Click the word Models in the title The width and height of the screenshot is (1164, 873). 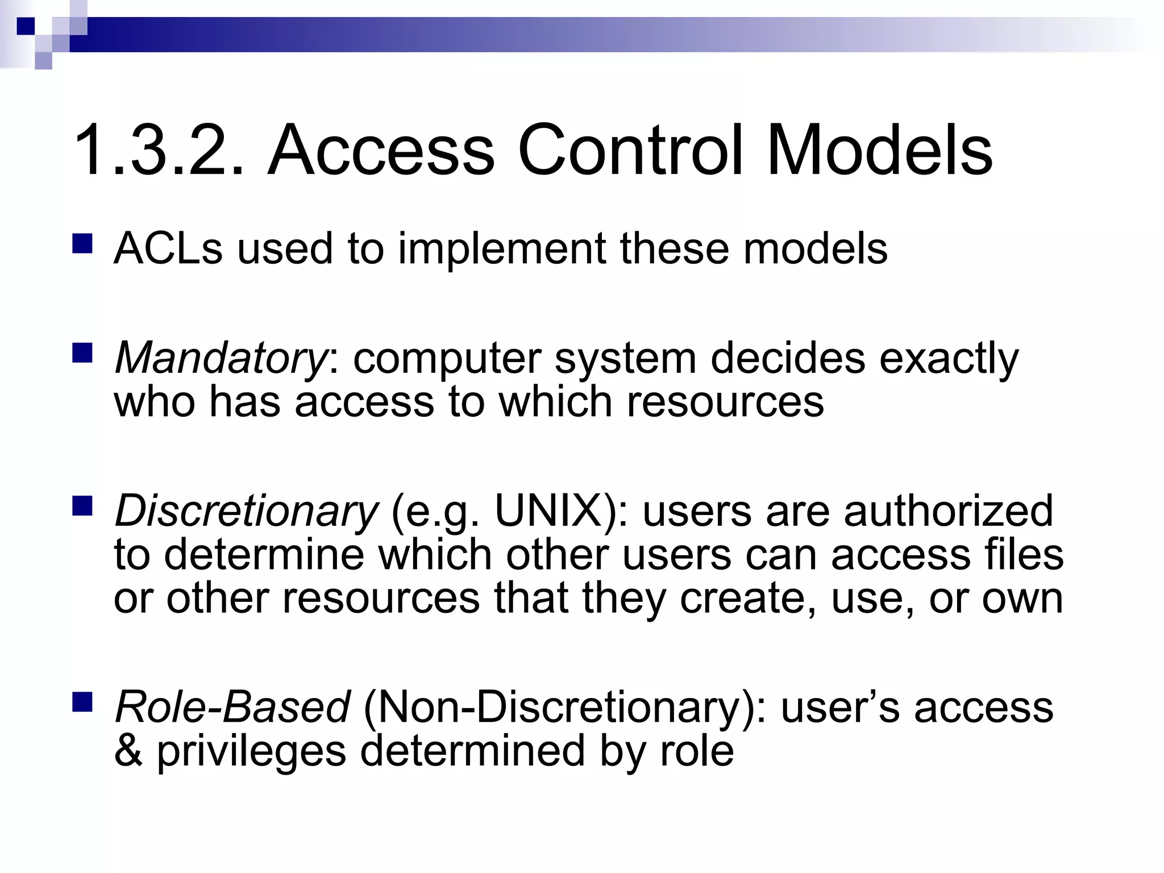[879, 151]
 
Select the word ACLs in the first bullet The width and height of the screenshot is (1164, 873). [168, 249]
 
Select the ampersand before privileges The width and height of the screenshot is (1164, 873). [128, 751]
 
